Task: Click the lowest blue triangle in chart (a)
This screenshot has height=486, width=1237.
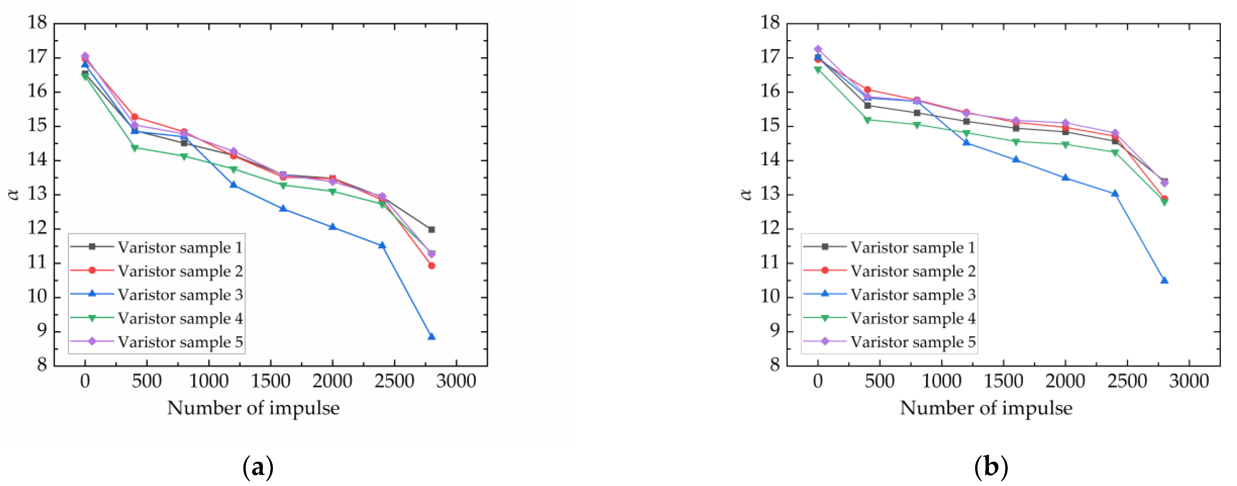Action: [x=431, y=337]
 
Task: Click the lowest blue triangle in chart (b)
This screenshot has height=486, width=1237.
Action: [x=1164, y=281]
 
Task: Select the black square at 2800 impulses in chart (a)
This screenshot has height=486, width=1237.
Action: [x=431, y=230]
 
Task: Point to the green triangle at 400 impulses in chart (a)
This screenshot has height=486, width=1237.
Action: [x=134, y=148]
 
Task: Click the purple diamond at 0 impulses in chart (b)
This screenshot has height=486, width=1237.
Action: [x=818, y=49]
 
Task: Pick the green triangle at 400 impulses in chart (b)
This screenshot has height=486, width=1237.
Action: [x=867, y=120]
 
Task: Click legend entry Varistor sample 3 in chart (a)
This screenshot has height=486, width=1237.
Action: [x=180, y=295]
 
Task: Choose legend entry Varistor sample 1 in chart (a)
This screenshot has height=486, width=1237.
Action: [x=180, y=248]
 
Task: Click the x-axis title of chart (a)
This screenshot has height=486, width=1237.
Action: [x=253, y=408]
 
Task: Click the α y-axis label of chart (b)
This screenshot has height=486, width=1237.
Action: [x=746, y=194]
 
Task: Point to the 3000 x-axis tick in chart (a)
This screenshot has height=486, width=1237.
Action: [x=456, y=382]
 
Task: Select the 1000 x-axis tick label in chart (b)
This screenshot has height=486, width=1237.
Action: [x=941, y=382]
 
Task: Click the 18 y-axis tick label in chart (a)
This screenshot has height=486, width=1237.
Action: [x=37, y=23]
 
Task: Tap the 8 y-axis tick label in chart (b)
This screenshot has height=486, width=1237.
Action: [x=774, y=365]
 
